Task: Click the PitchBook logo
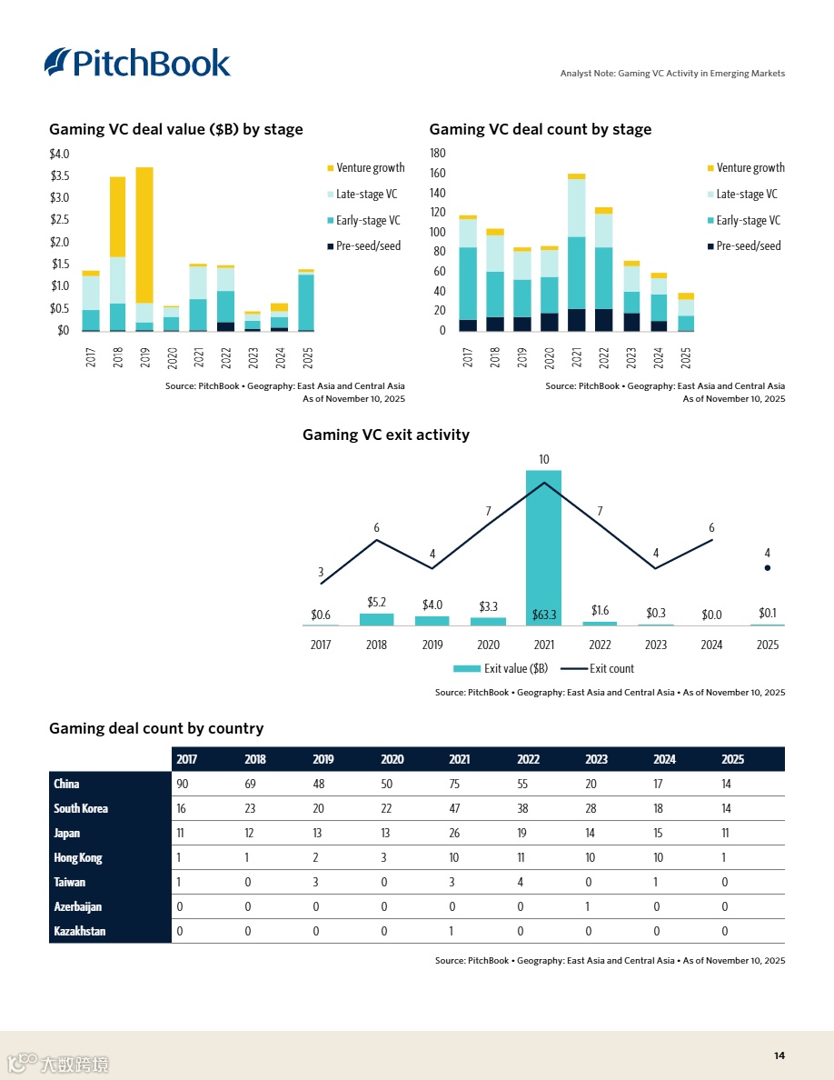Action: (x=137, y=62)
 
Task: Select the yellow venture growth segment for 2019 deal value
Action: (x=144, y=235)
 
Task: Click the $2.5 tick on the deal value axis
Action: (x=59, y=220)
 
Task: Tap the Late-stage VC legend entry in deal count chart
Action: (x=746, y=195)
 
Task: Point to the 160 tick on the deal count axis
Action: (x=437, y=174)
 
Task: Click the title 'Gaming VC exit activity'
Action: (x=385, y=435)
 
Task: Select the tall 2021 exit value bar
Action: (x=543, y=546)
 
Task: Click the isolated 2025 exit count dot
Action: (x=768, y=568)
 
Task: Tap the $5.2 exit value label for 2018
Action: (x=377, y=603)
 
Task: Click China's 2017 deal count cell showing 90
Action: (x=183, y=785)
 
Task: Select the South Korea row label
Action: (x=81, y=809)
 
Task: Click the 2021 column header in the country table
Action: (x=460, y=760)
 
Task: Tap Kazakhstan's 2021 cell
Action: (x=452, y=932)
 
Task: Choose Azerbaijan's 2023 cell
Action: (x=589, y=907)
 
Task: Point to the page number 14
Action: (x=779, y=1055)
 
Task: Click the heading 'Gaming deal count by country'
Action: (x=156, y=729)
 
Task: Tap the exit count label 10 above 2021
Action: (x=543, y=460)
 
